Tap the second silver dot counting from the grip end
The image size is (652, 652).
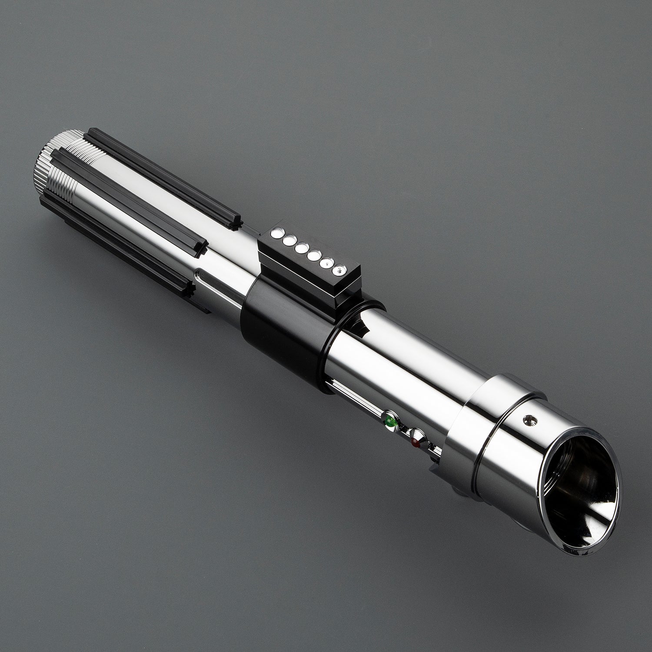[287, 240]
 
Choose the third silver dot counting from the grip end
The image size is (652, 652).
[299, 248]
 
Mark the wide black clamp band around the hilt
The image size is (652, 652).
[278, 330]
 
